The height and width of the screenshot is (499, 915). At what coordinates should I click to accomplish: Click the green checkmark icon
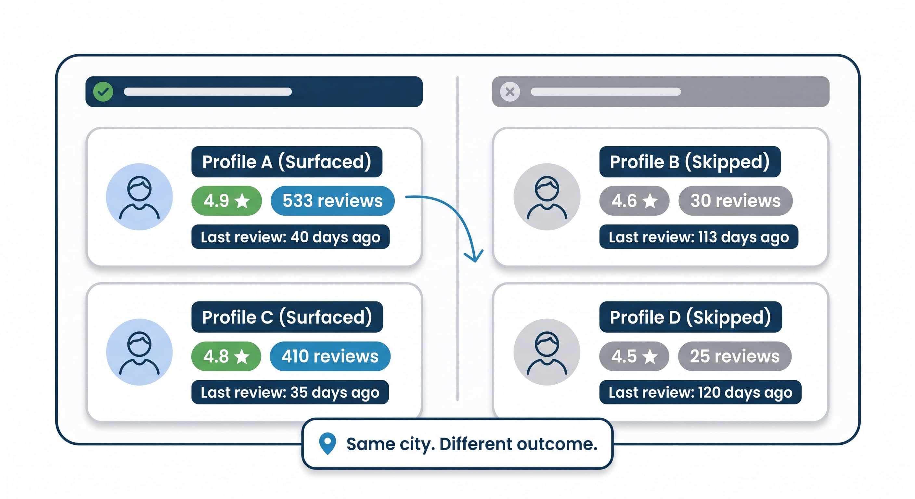(x=103, y=92)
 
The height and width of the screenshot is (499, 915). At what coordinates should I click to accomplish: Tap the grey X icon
(x=510, y=92)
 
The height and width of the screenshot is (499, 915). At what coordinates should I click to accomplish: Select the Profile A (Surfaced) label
(x=287, y=161)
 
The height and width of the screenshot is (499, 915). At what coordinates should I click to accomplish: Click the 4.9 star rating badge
(x=226, y=201)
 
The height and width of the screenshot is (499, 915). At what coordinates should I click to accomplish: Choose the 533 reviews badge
(x=332, y=201)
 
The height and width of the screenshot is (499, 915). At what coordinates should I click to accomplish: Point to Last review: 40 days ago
(x=290, y=237)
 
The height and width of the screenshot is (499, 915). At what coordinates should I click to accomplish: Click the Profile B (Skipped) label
(x=690, y=161)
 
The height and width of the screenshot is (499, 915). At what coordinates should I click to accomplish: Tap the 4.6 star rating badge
(x=634, y=201)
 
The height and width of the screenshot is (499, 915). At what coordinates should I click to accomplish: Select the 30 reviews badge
(x=735, y=201)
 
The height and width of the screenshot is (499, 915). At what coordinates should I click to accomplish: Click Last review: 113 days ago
(x=699, y=237)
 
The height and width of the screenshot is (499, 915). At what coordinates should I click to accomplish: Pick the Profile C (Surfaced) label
(x=287, y=317)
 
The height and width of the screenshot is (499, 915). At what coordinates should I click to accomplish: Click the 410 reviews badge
(x=330, y=356)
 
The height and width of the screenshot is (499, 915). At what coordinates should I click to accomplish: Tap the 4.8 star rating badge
(x=226, y=356)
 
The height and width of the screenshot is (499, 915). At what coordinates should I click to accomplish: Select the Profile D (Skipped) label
(x=690, y=317)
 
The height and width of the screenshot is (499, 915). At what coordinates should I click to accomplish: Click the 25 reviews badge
(x=735, y=356)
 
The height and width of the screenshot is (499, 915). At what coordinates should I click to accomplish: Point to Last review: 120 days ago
(x=701, y=392)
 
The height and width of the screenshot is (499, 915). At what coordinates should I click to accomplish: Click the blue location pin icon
(x=328, y=443)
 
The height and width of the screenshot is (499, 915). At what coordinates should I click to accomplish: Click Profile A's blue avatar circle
(x=139, y=197)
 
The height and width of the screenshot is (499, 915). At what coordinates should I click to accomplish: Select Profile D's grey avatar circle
(x=547, y=352)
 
